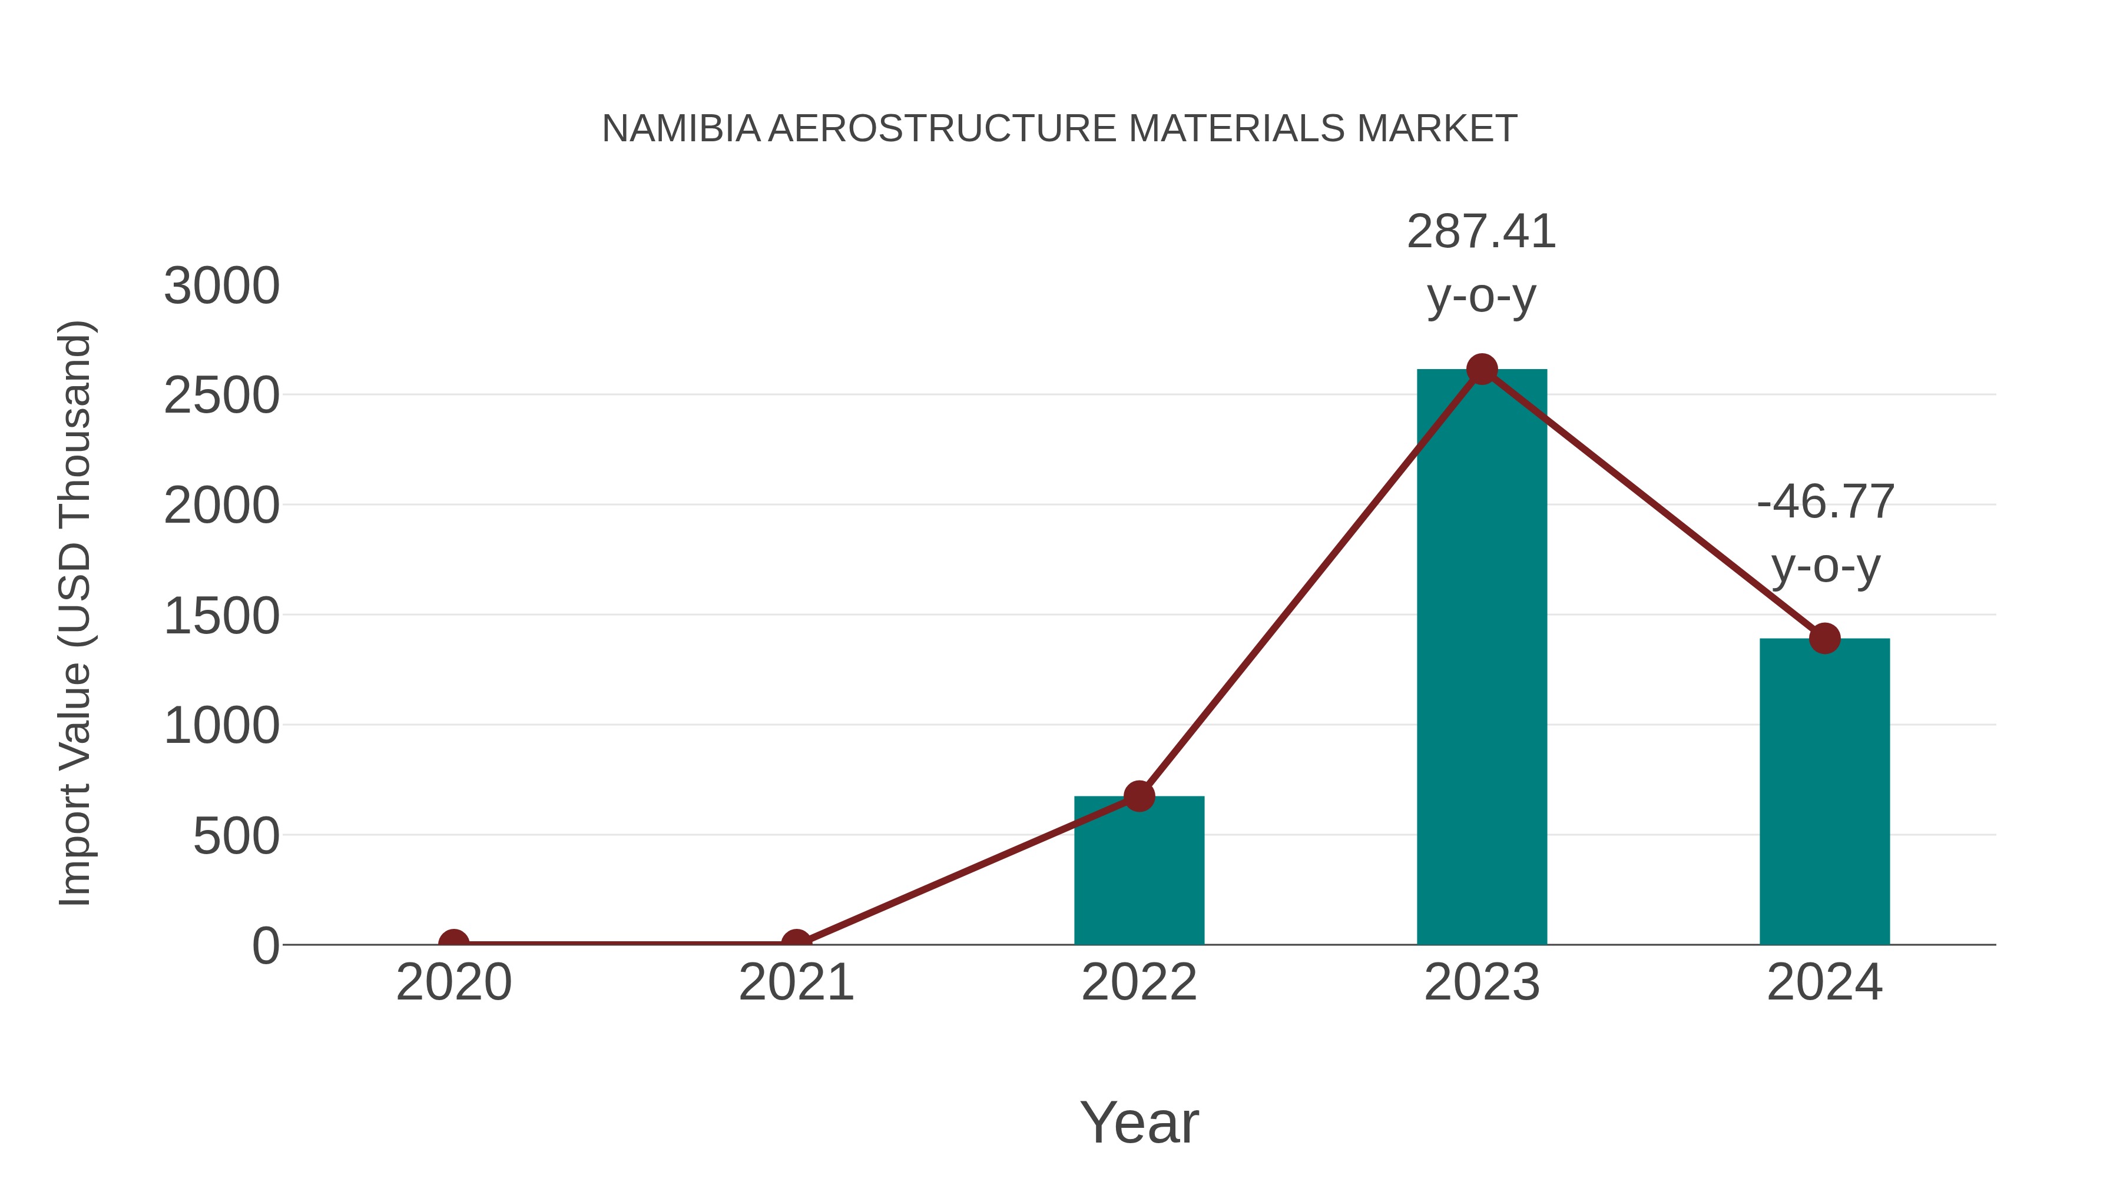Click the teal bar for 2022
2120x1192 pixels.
[1139, 872]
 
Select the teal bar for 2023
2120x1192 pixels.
[1482, 658]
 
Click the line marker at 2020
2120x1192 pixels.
[453, 943]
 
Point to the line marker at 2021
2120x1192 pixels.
[796, 943]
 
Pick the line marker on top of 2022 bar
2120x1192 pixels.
[1139, 795]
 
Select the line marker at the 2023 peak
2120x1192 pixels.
[1482, 369]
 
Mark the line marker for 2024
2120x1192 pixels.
[1824, 637]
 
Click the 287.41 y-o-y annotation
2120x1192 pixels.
[1482, 263]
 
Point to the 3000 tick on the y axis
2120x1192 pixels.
[221, 286]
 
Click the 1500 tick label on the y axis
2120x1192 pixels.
[221, 616]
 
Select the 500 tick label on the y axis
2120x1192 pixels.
[236, 836]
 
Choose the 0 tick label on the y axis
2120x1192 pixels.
[265, 946]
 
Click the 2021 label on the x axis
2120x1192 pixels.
[796, 982]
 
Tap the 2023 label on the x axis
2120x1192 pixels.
[1482, 982]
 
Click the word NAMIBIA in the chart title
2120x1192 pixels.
[681, 128]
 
